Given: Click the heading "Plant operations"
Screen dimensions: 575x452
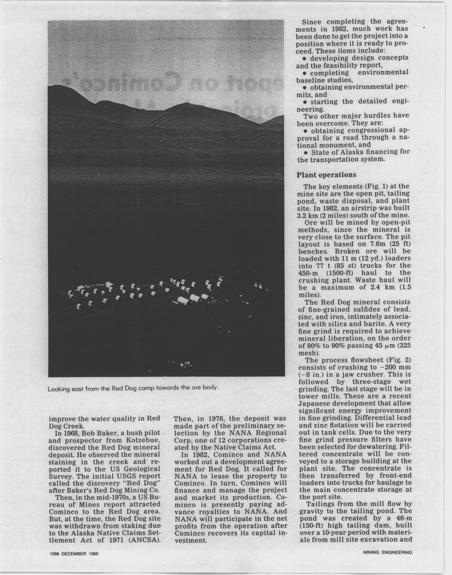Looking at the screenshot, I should (326, 175).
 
